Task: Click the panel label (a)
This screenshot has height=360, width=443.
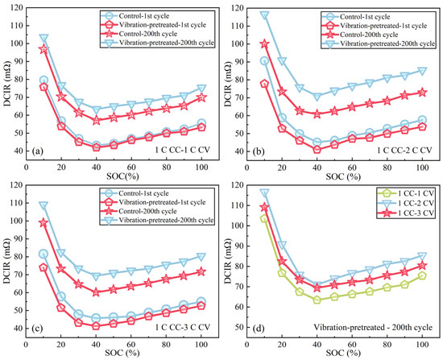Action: [38, 151]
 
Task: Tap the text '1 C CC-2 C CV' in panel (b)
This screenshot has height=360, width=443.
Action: [404, 150]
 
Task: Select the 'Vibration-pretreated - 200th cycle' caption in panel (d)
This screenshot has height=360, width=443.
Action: [373, 327]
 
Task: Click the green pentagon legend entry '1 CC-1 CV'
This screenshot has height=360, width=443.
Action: [405, 193]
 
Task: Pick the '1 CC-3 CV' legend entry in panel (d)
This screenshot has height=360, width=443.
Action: [405, 213]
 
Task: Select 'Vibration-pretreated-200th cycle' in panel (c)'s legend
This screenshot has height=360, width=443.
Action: [157, 220]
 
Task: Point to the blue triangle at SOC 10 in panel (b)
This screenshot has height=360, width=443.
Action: [264, 15]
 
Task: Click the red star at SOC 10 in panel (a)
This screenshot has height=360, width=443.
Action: [43, 49]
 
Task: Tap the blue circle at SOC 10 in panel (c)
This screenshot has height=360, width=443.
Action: [43, 254]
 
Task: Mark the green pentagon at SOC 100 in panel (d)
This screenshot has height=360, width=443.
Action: [422, 275]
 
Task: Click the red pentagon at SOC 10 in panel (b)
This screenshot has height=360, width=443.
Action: [264, 84]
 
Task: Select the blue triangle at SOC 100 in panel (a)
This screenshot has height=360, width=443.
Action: [201, 89]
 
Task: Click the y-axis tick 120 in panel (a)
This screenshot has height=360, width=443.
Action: [16, 8]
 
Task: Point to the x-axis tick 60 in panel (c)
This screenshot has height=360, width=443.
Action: [130, 345]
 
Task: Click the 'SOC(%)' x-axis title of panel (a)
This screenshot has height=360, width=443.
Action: [122, 177]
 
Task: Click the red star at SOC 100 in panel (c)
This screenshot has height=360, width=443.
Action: [201, 272]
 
